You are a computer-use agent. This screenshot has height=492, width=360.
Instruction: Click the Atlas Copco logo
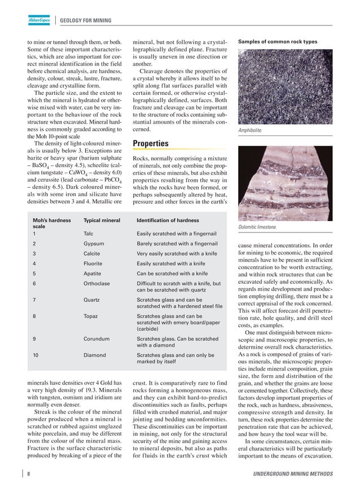(x=39, y=21)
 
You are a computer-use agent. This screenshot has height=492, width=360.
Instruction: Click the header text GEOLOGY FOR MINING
(x=86, y=21)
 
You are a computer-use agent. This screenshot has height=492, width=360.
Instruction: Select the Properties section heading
(x=151, y=143)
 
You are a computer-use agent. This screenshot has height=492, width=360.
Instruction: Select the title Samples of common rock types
(x=278, y=42)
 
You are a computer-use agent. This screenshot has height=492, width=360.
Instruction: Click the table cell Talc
(x=89, y=232)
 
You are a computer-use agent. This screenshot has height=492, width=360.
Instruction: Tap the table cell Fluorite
(x=93, y=263)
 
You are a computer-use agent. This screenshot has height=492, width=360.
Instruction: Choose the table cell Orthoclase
(x=96, y=283)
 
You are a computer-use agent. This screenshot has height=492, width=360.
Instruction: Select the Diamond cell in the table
(x=95, y=355)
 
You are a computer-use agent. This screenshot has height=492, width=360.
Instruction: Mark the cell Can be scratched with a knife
(x=172, y=273)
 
